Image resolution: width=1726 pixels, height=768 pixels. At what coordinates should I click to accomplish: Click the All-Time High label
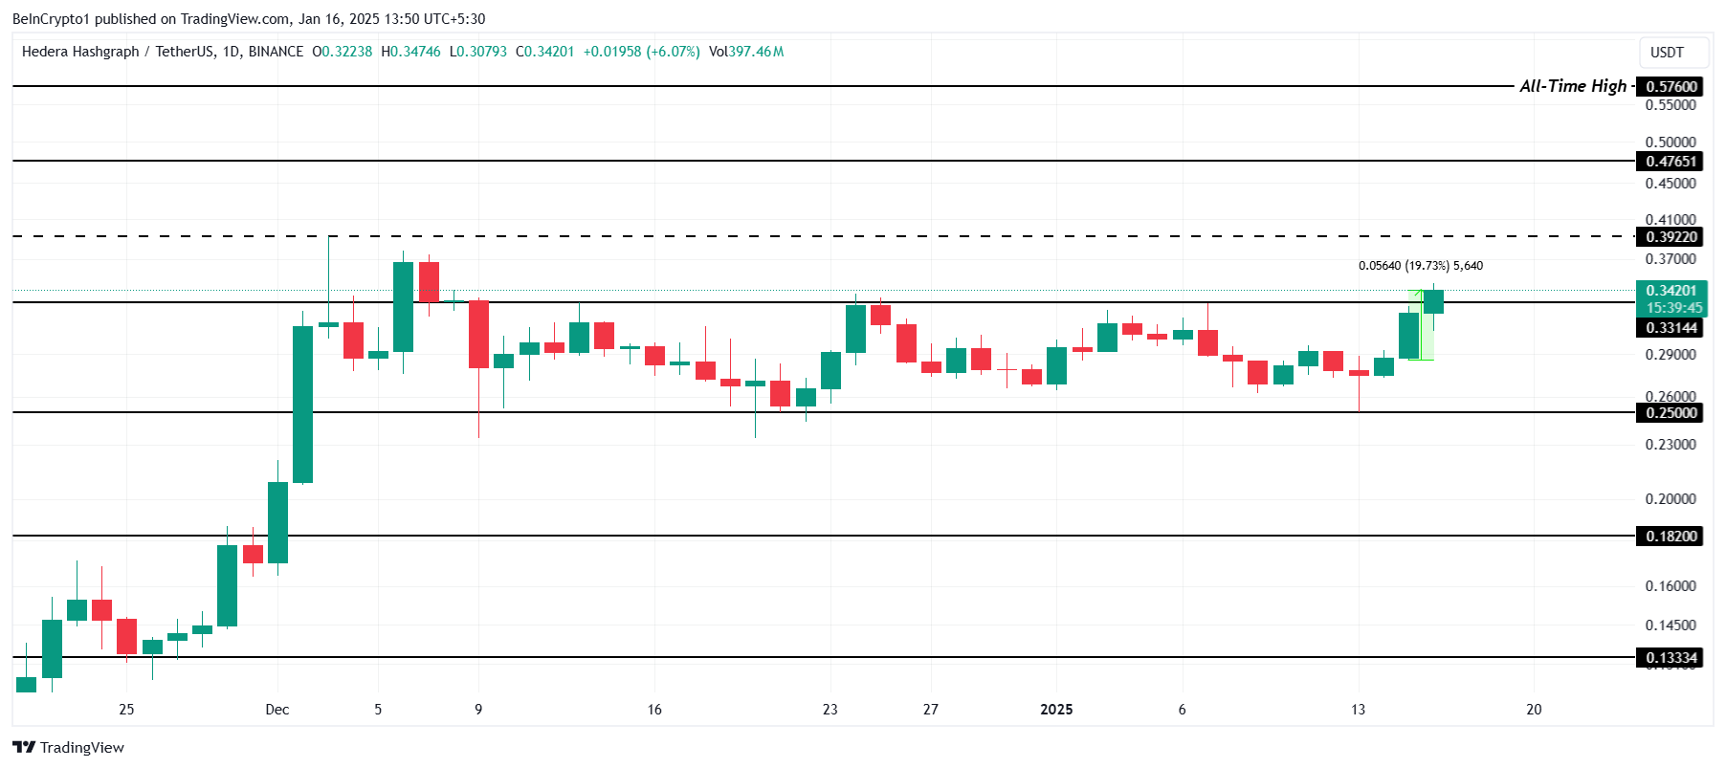tap(1573, 86)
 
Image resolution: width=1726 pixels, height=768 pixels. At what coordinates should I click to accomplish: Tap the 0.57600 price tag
tap(1671, 87)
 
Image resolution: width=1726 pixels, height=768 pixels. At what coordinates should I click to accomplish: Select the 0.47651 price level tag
tap(1671, 162)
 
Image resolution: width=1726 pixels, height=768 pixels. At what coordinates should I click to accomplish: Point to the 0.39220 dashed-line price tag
tap(1671, 237)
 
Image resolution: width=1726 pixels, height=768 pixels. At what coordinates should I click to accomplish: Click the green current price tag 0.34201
tap(1671, 291)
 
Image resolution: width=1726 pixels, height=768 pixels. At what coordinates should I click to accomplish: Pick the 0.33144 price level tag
tap(1671, 328)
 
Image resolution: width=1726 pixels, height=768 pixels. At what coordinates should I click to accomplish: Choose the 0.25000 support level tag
tap(1671, 413)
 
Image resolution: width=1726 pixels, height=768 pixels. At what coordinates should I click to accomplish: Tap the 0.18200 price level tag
tap(1671, 537)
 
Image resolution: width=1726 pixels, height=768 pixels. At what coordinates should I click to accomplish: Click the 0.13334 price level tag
tap(1671, 658)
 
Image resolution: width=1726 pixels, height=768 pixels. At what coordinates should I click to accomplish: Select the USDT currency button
tap(1667, 53)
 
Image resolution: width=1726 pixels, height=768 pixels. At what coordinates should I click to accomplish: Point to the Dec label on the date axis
tap(277, 710)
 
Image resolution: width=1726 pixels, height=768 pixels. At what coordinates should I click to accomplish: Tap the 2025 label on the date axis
tap(1056, 710)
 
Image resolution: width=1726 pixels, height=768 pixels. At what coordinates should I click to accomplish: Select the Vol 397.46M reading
tap(746, 52)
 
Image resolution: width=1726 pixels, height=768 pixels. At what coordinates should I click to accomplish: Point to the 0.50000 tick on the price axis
tap(1671, 143)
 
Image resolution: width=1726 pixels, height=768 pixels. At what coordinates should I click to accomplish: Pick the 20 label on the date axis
tap(1534, 710)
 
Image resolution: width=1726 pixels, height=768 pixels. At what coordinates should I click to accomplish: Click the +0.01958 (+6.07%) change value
tap(641, 52)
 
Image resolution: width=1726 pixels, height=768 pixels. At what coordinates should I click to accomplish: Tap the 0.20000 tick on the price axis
tap(1671, 499)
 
